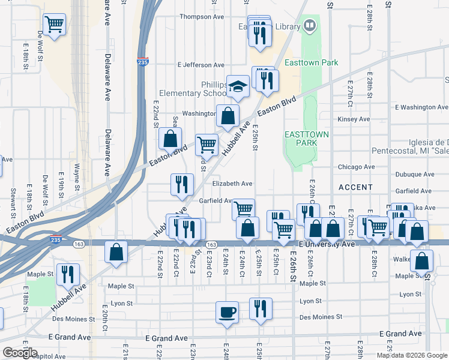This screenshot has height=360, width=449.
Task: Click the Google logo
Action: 20,353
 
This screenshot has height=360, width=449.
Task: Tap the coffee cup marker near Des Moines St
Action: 227,312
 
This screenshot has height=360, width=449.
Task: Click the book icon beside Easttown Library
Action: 310,25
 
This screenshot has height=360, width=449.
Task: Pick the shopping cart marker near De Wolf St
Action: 54,25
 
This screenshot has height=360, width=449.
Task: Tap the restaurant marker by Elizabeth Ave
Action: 181,185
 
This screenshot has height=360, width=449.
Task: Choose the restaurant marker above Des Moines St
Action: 260,309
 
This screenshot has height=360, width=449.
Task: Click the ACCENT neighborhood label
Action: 355,187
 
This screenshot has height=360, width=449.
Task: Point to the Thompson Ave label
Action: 201,17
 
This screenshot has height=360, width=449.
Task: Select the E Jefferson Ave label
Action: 201,65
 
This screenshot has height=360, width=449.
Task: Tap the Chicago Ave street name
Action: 356,167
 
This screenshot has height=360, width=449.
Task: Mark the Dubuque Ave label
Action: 415,175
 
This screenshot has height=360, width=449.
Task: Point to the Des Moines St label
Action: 319,317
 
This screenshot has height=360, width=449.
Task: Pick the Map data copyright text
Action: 411,355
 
